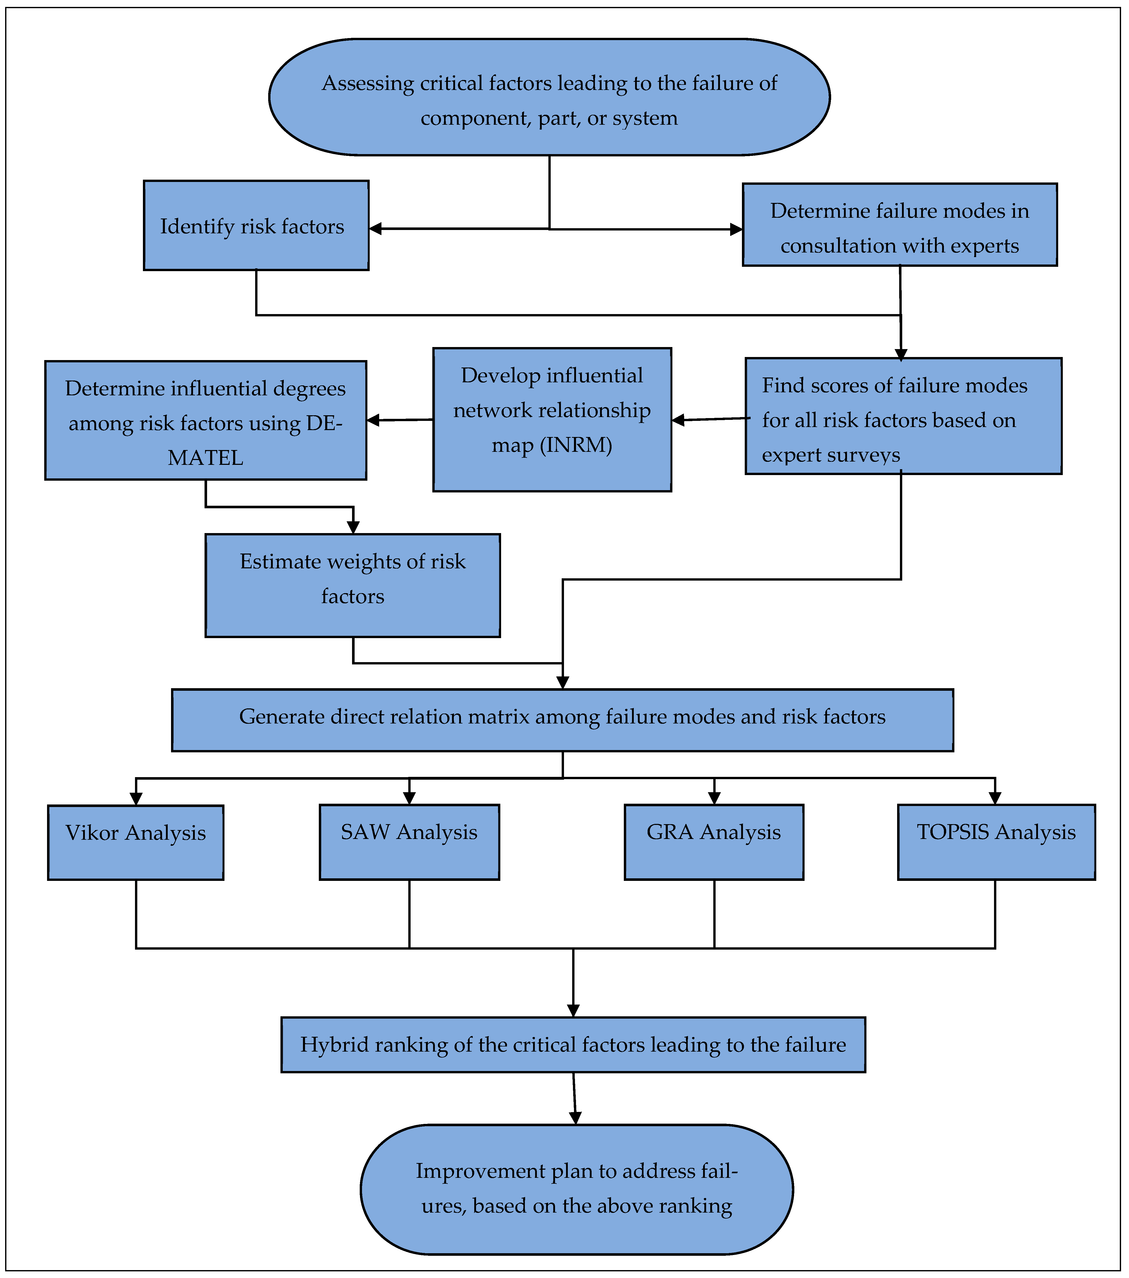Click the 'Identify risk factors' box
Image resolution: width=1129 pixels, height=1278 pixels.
[x=256, y=226]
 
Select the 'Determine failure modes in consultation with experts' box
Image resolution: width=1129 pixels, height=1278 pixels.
[x=899, y=225]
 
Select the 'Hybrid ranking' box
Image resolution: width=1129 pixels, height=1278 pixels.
[x=573, y=1045]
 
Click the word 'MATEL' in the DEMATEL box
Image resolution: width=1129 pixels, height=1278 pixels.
[x=205, y=458]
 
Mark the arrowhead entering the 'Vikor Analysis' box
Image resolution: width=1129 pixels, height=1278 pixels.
[x=136, y=798]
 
